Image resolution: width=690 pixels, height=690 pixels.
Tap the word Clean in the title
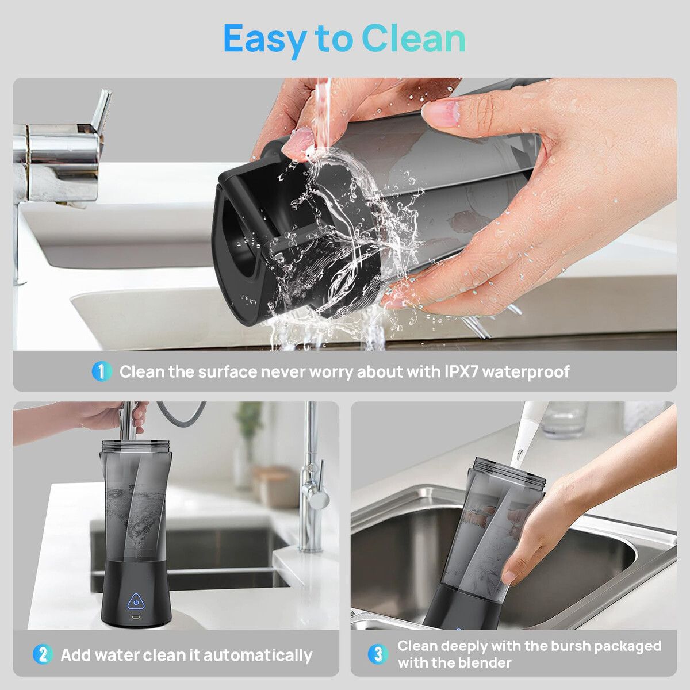[413, 39]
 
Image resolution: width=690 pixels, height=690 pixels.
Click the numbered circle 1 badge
[102, 371]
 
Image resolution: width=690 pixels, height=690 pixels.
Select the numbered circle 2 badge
[43, 655]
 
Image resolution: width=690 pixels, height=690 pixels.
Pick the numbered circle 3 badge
[378, 654]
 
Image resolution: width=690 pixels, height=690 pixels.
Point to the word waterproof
[526, 373]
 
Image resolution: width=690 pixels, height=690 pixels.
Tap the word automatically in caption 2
[258, 655]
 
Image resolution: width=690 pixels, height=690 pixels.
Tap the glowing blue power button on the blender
[136, 603]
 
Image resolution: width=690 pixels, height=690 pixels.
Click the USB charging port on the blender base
[136, 618]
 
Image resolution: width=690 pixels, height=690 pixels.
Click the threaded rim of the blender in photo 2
[135, 446]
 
